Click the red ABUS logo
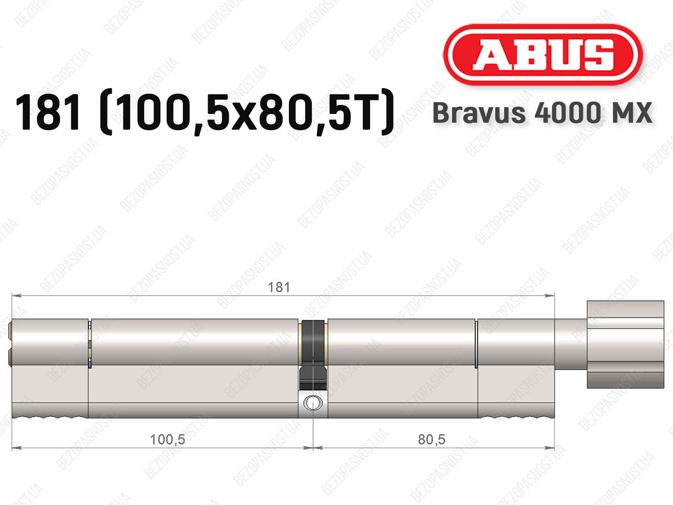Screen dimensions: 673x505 pyautogui.click(x=543, y=54)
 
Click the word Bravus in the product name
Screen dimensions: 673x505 pyautogui.click(x=479, y=113)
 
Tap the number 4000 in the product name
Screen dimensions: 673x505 pyautogui.click(x=567, y=113)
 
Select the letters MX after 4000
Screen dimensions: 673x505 pyautogui.click(x=631, y=113)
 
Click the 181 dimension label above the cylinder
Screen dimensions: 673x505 pyautogui.click(x=279, y=288)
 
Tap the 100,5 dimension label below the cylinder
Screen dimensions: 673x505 pyautogui.click(x=167, y=440)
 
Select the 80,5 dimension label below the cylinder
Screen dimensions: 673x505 pyautogui.click(x=431, y=440)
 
